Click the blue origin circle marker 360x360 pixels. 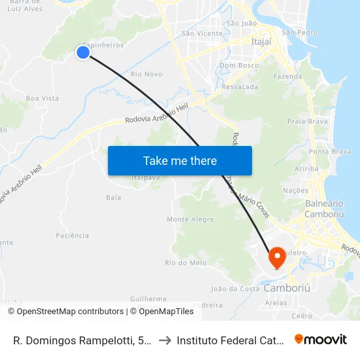(x=83, y=52)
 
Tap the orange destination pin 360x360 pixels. (x=276, y=257)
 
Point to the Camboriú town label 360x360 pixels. (x=285, y=289)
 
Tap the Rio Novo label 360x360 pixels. (x=147, y=74)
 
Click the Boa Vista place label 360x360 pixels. (x=43, y=98)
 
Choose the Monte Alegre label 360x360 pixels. (x=190, y=219)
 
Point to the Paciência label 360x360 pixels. (x=72, y=235)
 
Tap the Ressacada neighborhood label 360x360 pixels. (x=240, y=86)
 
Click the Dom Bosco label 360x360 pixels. (x=239, y=65)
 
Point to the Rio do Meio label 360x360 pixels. (x=186, y=263)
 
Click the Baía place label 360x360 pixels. (x=113, y=196)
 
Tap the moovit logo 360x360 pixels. (x=321, y=339)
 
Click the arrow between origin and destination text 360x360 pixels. (x=165, y=340)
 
